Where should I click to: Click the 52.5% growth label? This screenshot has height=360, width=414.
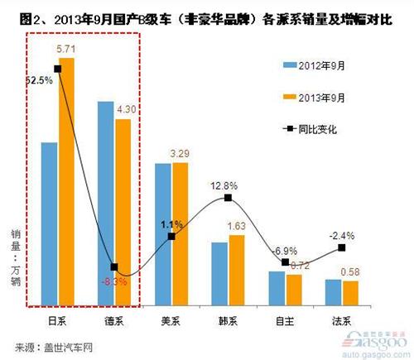40,80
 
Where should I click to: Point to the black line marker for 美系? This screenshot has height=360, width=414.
171,237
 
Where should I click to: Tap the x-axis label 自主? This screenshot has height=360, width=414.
285,318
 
